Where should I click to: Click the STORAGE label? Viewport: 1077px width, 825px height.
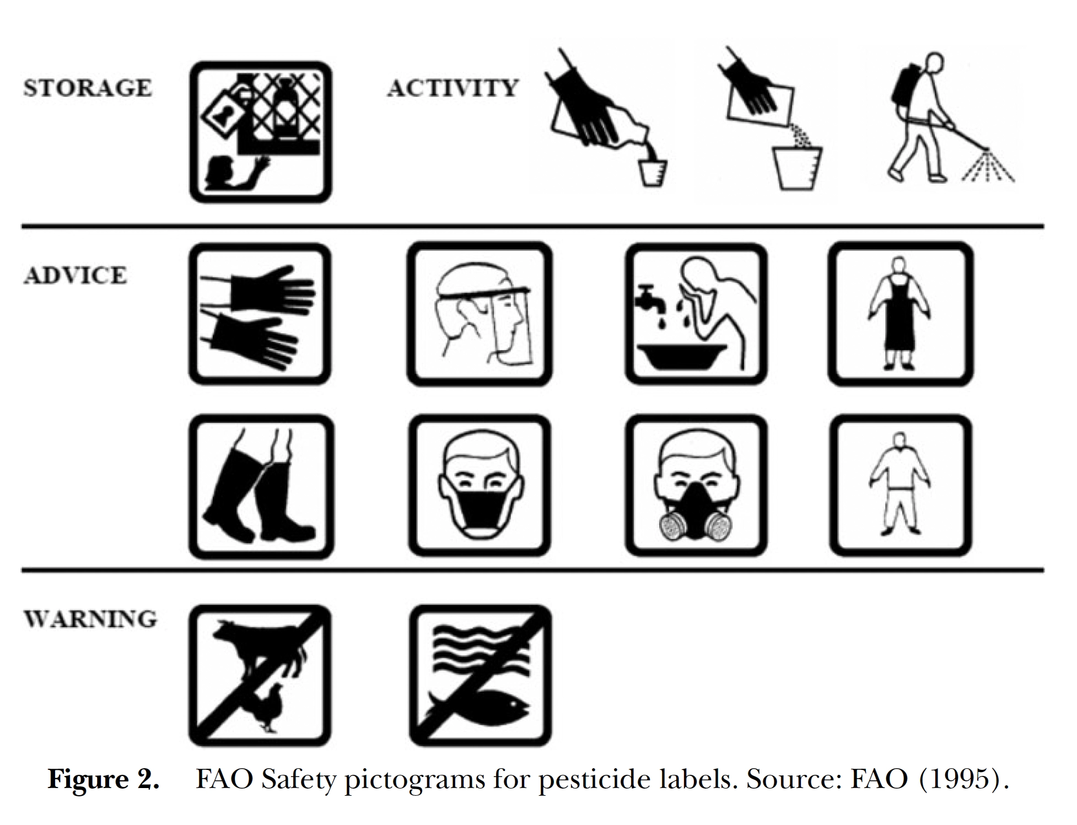click(88, 88)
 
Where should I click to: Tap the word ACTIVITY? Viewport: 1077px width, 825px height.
click(453, 88)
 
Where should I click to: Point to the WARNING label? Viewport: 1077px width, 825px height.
click(90, 619)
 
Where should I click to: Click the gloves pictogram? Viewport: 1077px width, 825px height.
click(260, 314)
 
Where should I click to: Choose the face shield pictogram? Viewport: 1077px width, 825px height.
click(480, 314)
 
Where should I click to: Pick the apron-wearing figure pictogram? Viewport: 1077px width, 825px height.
click(901, 314)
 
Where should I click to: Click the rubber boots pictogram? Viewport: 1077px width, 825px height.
click(261, 487)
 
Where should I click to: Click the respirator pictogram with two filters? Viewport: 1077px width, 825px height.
click(696, 486)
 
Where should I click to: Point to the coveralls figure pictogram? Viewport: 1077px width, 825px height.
click(901, 486)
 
